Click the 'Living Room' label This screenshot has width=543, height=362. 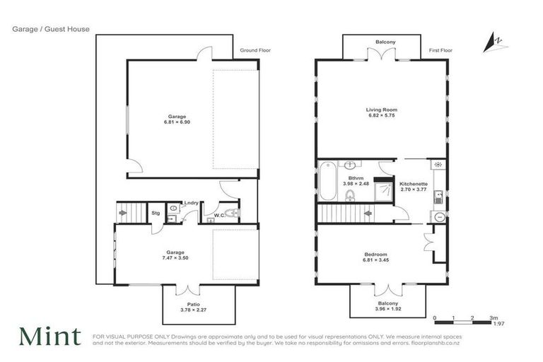coord(381,110)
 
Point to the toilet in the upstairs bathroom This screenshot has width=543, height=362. coord(349,194)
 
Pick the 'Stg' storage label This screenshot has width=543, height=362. coord(155,212)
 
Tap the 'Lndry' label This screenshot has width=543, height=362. coord(191,204)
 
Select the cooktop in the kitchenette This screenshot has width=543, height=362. coord(438,165)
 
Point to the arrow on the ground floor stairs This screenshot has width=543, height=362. coord(124,211)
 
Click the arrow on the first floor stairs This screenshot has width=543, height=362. coord(368,211)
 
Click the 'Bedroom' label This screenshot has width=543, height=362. coord(375,255)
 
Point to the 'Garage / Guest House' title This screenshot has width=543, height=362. coord(50,29)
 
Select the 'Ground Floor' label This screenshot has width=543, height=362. coord(255,51)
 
